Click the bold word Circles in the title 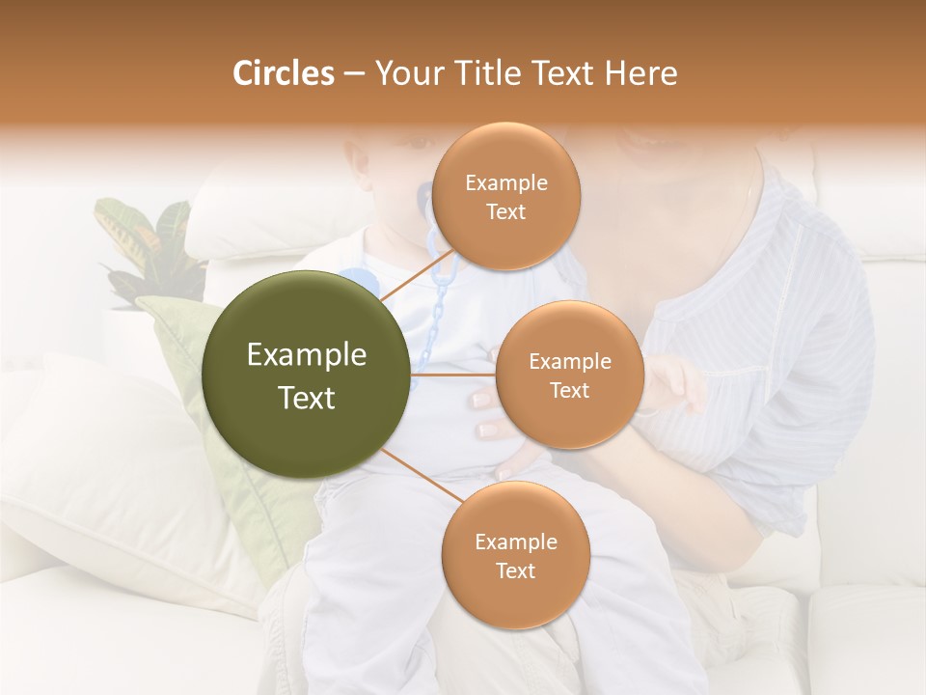(283, 73)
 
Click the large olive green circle (307, 375)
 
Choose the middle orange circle (569, 375)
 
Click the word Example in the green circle (307, 355)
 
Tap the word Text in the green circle (307, 398)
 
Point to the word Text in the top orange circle (505, 211)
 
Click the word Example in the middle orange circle (569, 362)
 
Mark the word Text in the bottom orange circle (515, 570)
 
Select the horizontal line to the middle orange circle (453, 375)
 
